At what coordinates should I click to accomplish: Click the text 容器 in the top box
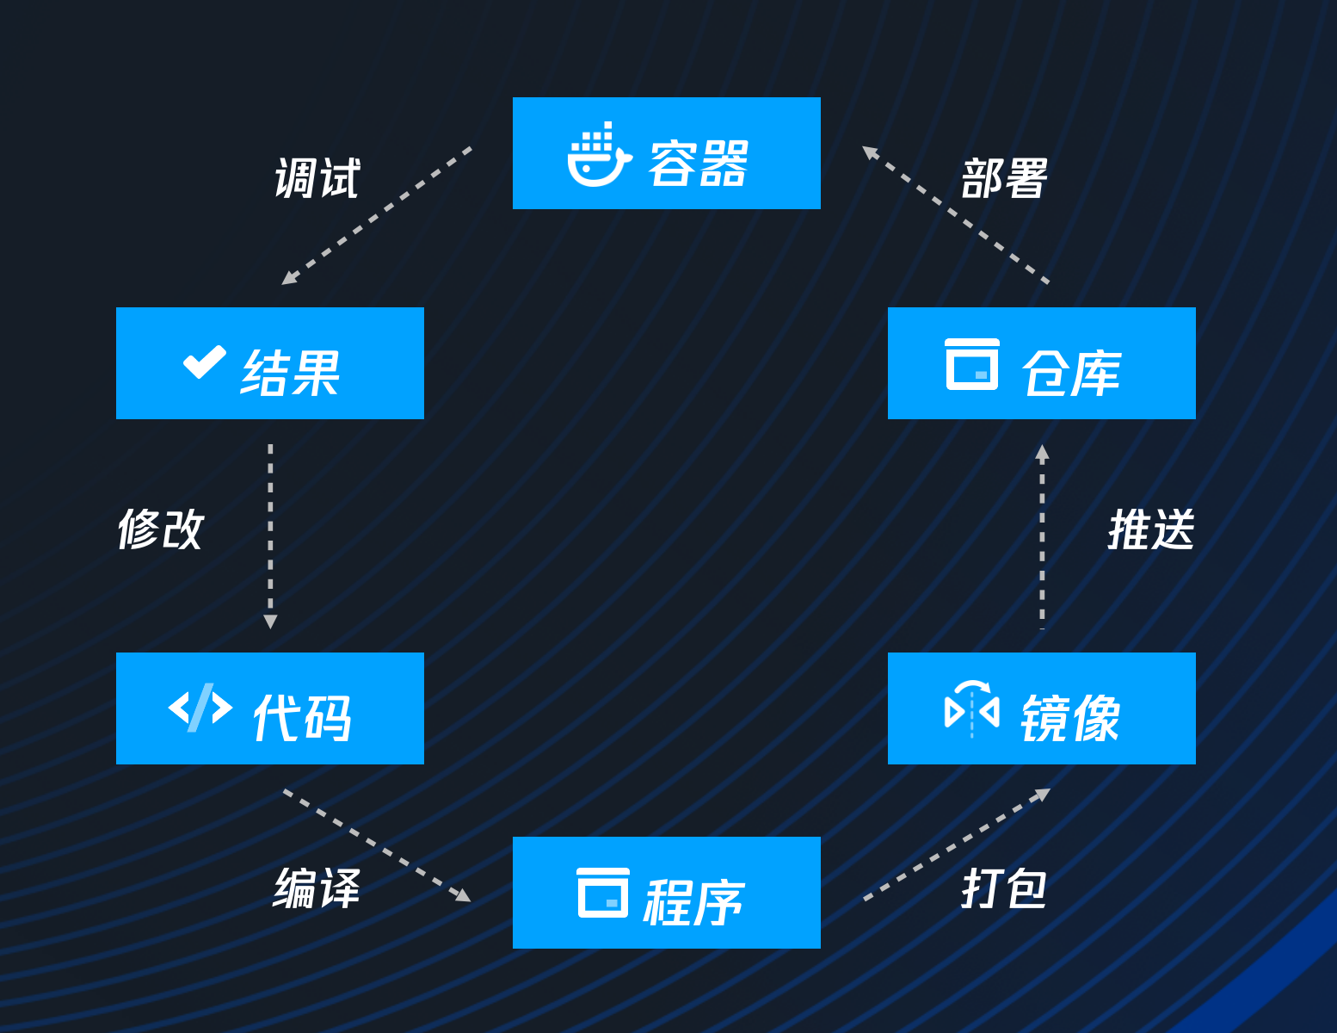tap(698, 164)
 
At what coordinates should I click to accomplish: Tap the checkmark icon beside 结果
tap(205, 362)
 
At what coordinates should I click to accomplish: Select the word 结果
tap(291, 374)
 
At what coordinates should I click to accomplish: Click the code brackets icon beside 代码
tap(200, 708)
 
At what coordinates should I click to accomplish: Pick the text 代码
tap(302, 718)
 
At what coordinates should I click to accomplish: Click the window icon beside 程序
tap(602, 893)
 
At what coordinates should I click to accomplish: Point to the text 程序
tap(693, 902)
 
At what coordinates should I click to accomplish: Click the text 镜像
tap(1070, 718)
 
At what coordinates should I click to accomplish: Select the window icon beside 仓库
tap(972, 364)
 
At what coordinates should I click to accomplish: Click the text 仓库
tap(1071, 374)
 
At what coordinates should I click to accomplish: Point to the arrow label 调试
tap(317, 179)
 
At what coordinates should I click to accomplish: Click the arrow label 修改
tap(161, 529)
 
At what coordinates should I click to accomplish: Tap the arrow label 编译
tap(317, 888)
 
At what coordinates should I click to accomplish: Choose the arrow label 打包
tap(1004, 888)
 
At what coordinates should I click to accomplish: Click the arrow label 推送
tap(1151, 529)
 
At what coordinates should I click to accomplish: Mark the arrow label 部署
tap(1004, 179)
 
